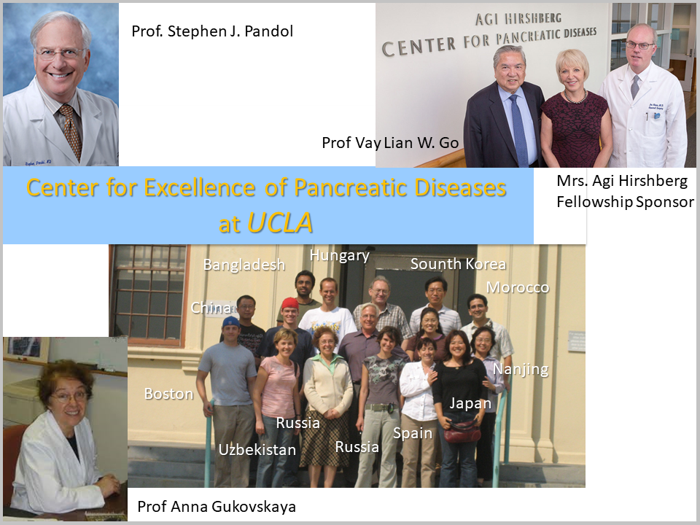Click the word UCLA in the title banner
[280, 222]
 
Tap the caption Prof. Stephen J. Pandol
[212, 31]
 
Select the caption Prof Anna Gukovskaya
[217, 507]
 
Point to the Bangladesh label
[244, 265]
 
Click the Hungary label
[340, 255]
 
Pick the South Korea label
[459, 264]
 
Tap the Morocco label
[518, 287]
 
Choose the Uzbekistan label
[257, 450]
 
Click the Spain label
[413, 433]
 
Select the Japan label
[470, 403]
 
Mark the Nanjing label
[521, 370]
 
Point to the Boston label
[168, 394]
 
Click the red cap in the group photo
[289, 303]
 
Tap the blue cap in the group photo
[231, 322]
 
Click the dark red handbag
[462, 431]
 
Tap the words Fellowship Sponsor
[625, 202]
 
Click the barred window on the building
[148, 295]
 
